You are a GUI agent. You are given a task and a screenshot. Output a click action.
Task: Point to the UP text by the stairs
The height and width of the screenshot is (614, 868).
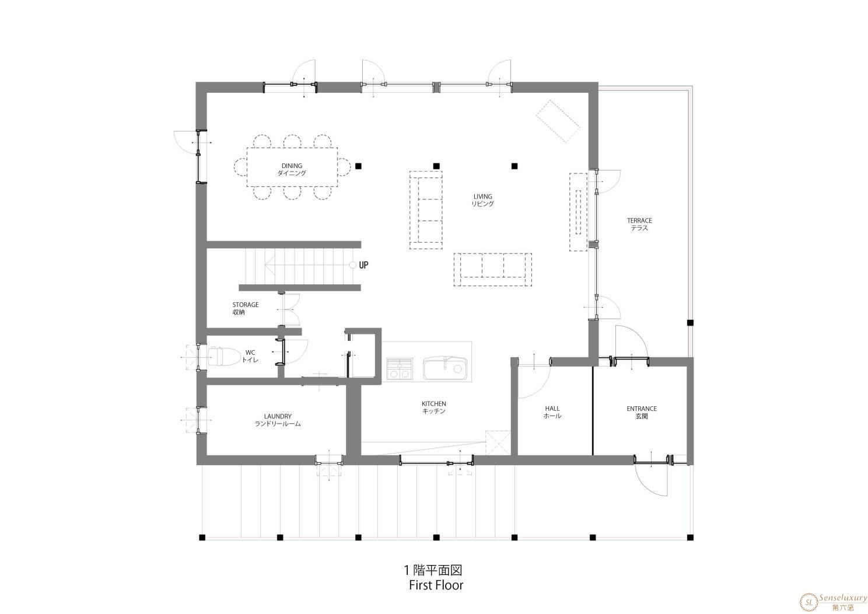pos(363,265)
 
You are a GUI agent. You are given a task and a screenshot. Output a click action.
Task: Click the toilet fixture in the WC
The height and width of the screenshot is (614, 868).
pos(224,356)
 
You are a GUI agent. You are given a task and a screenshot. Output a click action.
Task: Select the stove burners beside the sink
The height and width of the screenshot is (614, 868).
pos(400,369)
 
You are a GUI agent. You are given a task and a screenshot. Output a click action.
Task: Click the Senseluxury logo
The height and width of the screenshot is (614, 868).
pos(832,602)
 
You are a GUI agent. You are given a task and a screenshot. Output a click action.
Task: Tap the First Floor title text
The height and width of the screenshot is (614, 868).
pos(436,585)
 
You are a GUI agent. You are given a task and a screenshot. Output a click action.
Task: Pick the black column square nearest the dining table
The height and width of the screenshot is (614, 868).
pos(358,166)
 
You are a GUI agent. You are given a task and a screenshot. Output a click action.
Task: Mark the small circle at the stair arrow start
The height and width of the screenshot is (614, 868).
pos(352,265)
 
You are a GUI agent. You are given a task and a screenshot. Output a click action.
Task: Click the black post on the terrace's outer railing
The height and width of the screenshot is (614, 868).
pos(690,323)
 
